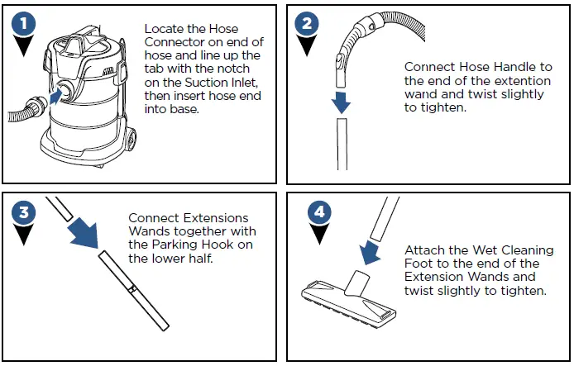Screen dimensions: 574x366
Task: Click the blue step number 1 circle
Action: point(24,24)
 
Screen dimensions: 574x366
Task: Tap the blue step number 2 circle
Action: point(307,24)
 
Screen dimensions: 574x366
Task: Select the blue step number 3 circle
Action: point(24,212)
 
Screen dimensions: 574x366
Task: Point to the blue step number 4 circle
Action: point(319,212)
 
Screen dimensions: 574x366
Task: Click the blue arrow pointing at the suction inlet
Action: point(56,96)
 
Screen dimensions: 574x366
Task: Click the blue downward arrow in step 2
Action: point(341,102)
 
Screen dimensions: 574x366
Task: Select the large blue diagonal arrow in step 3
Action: point(85,233)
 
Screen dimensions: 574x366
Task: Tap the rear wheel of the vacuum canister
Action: point(131,140)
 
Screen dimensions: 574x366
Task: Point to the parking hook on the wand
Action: point(132,289)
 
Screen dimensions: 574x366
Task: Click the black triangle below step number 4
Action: point(319,233)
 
